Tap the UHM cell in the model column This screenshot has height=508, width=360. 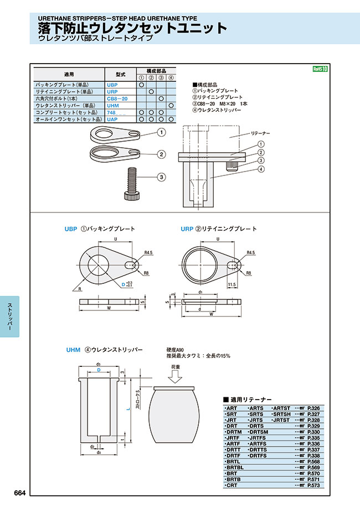pos(112,105)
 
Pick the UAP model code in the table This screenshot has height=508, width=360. pos(112,118)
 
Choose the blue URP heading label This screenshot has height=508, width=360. pos(187,229)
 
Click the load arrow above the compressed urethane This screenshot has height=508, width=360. pos(174,376)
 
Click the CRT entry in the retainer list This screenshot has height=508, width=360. pos(232,485)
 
